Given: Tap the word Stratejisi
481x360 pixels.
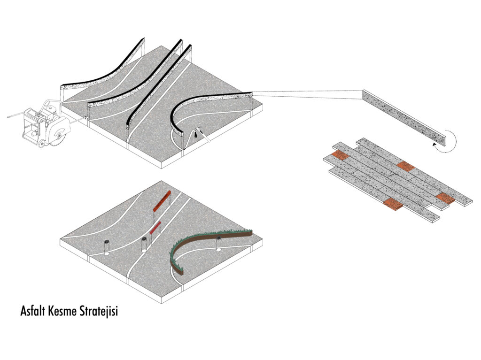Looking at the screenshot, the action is tap(98, 311).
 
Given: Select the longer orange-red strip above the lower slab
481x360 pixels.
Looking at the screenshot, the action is tap(162, 201).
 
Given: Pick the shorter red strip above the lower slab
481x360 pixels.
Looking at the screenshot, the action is tap(155, 228).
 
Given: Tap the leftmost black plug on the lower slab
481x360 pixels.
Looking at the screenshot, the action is tap(107, 241).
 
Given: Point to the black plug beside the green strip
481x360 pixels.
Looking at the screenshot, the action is tap(218, 238).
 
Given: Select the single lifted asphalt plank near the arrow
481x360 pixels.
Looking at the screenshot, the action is tap(404, 117).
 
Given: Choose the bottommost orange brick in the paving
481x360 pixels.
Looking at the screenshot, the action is tap(393, 204).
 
